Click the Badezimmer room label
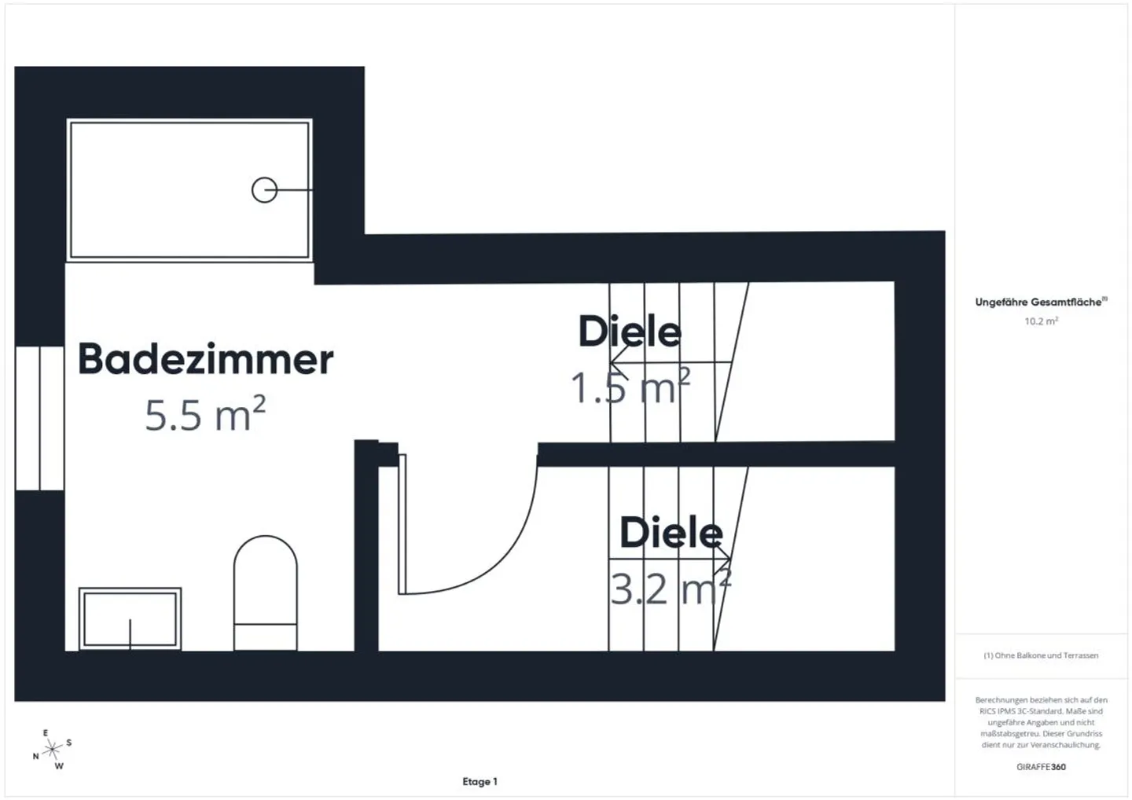point(205,359)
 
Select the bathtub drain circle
point(264,190)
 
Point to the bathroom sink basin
point(130,619)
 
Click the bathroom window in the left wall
point(39,417)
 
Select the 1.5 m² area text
point(630,387)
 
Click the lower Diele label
point(671,533)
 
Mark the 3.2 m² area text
point(671,589)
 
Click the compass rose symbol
point(52,750)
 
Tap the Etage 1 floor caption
point(480,781)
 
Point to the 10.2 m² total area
point(1041,321)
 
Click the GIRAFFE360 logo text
point(1041,766)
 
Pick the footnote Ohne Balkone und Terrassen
point(1041,655)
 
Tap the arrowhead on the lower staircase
point(726,559)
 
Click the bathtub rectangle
point(189,189)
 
